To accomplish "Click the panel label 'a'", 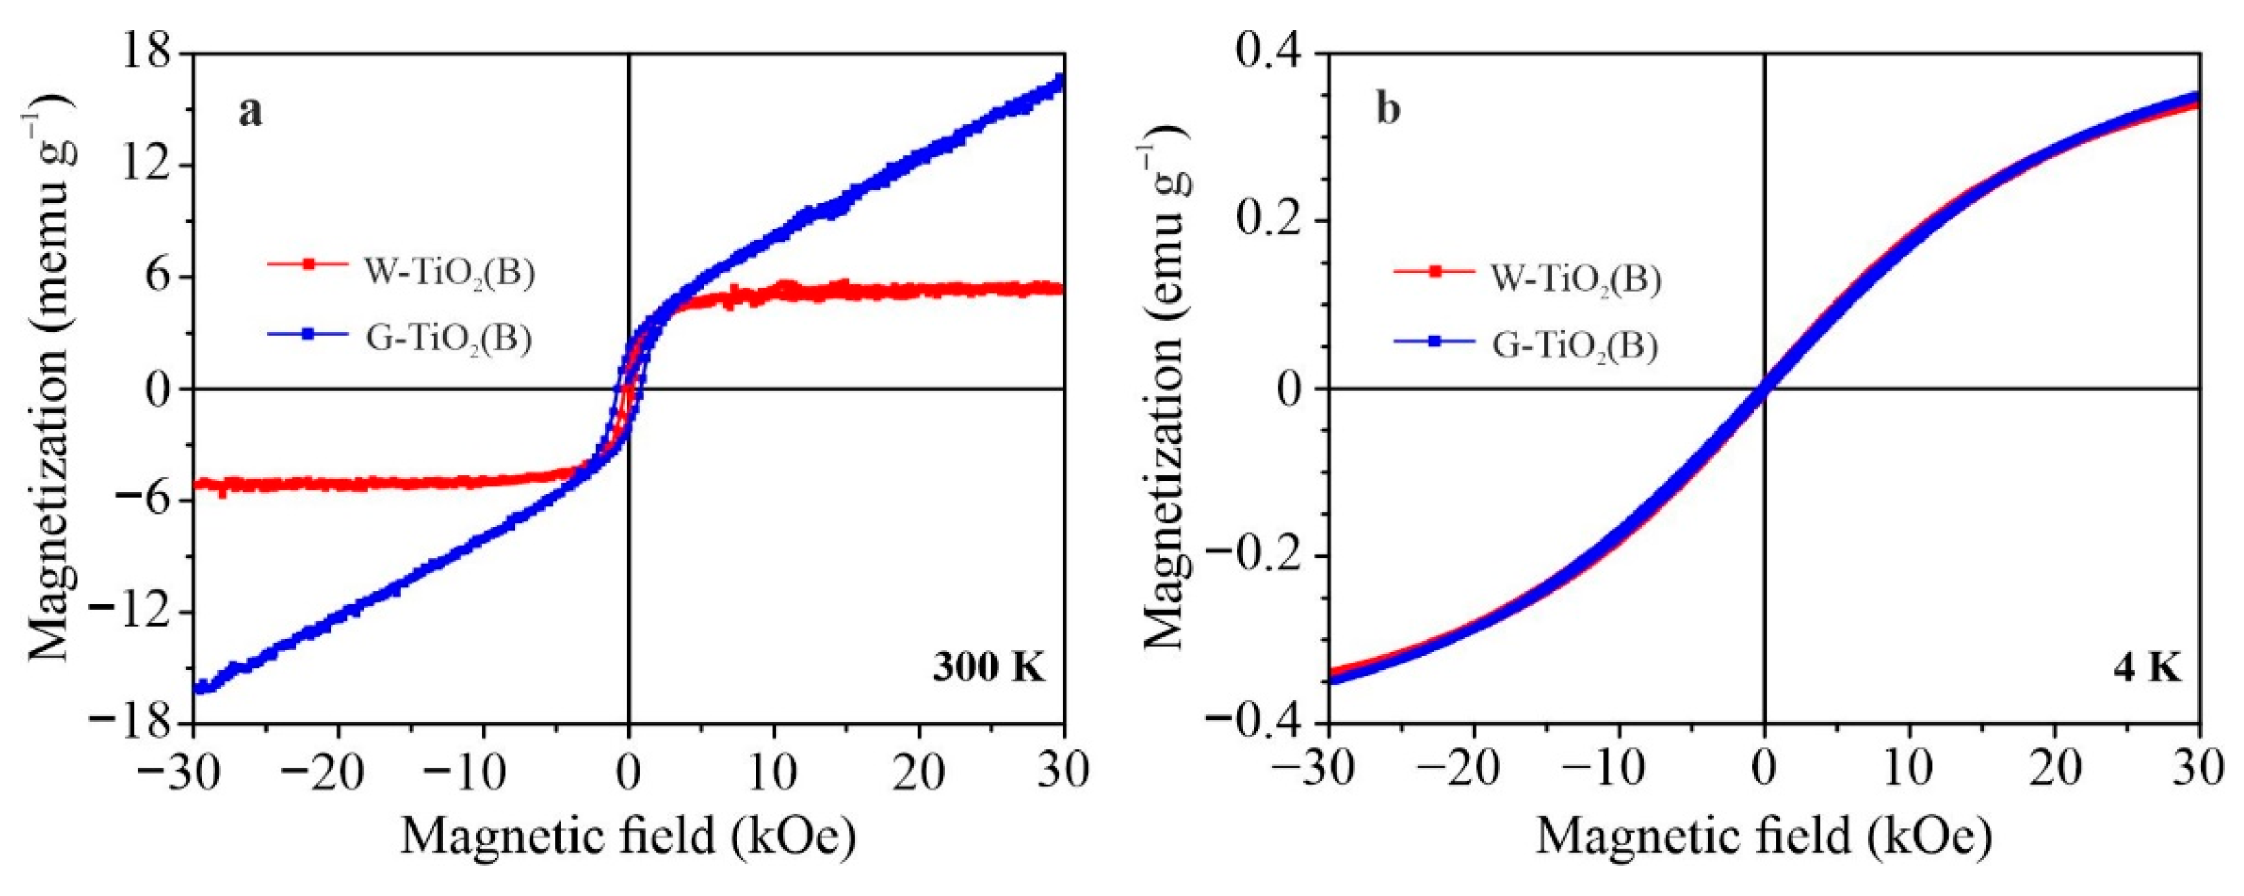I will [x=250, y=113].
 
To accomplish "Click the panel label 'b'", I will [x=1389, y=113].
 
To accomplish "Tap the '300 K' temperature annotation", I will [x=988, y=668].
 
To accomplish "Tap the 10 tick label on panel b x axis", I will [x=1909, y=771].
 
